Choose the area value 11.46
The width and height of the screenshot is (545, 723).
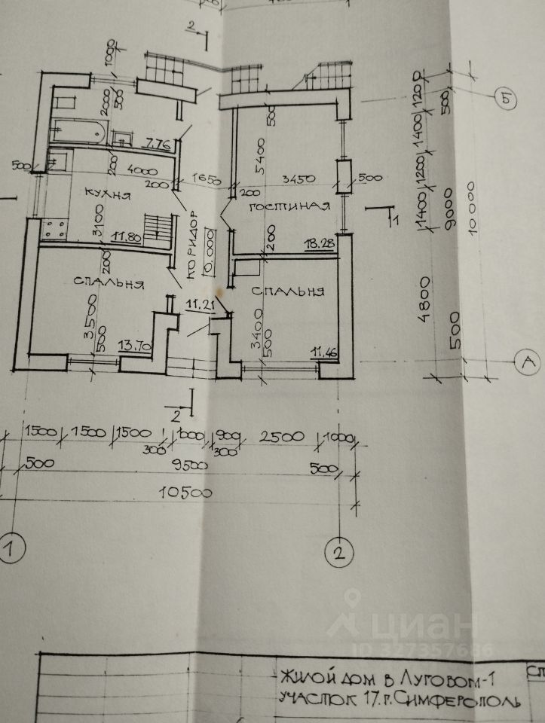326,349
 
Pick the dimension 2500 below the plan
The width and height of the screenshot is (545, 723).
281,437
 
